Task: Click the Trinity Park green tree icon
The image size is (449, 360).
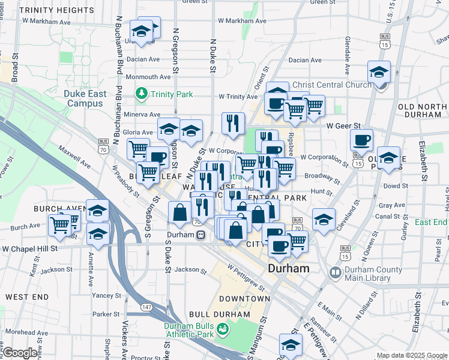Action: click(x=141, y=94)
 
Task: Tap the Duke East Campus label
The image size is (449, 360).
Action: click(x=85, y=98)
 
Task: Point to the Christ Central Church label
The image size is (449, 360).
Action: click(x=331, y=85)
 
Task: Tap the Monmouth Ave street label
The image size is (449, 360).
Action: click(x=148, y=77)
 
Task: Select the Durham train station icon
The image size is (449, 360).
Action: click(x=200, y=235)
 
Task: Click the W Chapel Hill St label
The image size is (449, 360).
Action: click(x=29, y=248)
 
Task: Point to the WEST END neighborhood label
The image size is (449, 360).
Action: click(x=27, y=297)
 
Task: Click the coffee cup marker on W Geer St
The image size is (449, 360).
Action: click(x=361, y=141)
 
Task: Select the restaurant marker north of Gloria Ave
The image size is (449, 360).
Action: click(x=232, y=123)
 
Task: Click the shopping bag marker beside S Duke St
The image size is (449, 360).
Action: click(x=180, y=212)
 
